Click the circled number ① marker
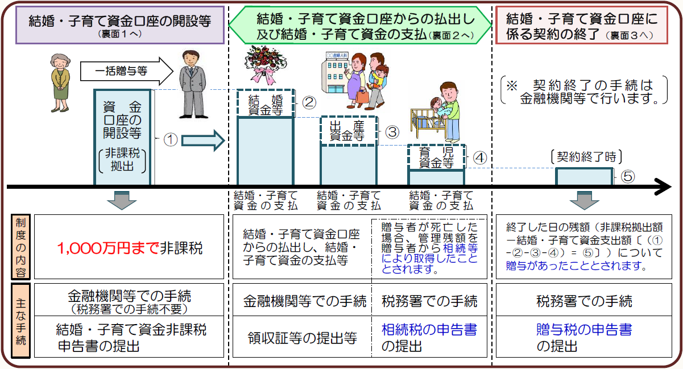(x=171, y=140)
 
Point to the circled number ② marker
(x=309, y=103)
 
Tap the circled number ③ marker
(x=392, y=131)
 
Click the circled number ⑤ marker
(x=628, y=176)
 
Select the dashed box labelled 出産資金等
(x=348, y=131)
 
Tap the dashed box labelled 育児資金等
(x=436, y=157)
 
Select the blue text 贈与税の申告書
(x=584, y=330)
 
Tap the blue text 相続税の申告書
(x=429, y=330)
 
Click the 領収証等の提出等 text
(x=302, y=338)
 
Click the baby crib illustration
(x=427, y=121)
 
